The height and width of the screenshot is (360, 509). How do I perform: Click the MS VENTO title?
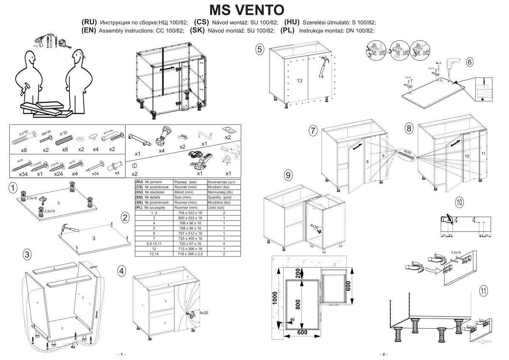click(x=247, y=9)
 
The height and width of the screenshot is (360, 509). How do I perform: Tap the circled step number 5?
click(x=260, y=49)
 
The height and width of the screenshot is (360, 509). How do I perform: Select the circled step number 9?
click(x=288, y=175)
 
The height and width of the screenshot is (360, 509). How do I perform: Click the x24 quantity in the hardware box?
click(x=59, y=174)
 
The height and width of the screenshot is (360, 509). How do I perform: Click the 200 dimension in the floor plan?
click(x=299, y=274)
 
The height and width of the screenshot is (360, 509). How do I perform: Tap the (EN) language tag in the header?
click(x=89, y=31)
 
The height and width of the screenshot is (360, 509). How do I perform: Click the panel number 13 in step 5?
click(x=299, y=81)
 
